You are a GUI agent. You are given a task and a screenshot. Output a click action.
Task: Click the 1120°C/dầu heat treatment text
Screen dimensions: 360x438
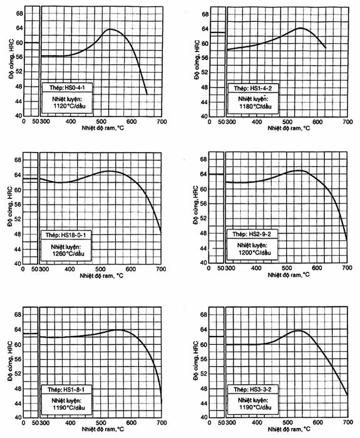click(69, 106)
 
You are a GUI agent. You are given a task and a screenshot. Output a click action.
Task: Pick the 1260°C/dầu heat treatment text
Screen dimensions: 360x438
click(68, 254)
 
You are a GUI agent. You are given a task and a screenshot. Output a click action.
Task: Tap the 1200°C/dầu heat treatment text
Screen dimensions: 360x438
click(255, 253)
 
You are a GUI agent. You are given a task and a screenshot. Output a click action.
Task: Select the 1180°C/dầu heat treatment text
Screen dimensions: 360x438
click(255, 107)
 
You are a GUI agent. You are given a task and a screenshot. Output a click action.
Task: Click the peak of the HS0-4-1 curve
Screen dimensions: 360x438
click(110, 29)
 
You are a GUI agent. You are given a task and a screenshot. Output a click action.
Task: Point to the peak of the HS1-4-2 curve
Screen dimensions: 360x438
click(300, 28)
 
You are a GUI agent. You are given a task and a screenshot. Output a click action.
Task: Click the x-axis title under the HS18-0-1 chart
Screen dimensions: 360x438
click(101, 276)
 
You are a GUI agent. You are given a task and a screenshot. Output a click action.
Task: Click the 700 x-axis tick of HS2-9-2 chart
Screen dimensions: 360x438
click(347, 268)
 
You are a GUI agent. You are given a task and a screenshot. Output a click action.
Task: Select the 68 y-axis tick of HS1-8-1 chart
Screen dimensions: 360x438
click(18, 315)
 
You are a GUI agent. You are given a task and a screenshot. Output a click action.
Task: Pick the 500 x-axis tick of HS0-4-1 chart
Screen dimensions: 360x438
click(101, 121)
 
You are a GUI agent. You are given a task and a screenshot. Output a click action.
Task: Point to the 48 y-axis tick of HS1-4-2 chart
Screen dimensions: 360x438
click(205, 88)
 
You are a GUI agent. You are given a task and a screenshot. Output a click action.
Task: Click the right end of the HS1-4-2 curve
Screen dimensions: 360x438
click(326, 48)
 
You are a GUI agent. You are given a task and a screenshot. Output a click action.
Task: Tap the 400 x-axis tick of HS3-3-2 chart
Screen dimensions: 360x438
click(257, 422)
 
